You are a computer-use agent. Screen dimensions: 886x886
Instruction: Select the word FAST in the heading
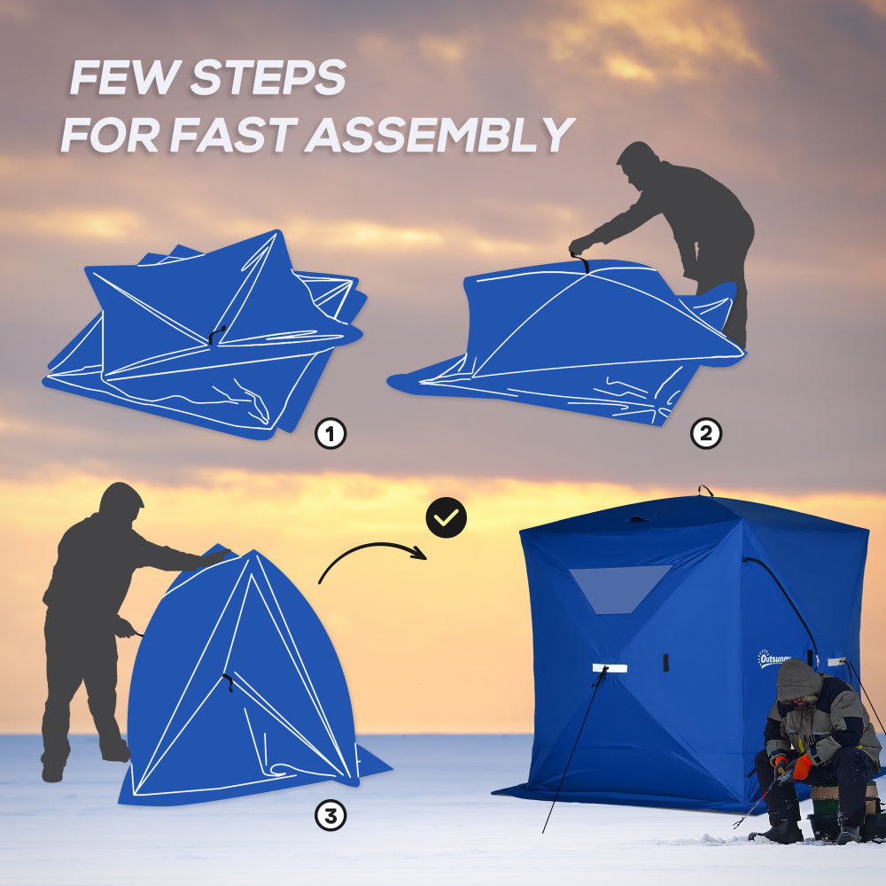236,135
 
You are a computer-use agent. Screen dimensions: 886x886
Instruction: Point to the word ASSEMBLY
442,135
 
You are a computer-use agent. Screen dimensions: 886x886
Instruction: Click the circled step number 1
330,434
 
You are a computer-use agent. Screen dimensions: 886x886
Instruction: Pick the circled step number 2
706,434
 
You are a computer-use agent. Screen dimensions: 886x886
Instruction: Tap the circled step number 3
330,817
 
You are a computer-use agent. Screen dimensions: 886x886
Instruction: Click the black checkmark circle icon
446,518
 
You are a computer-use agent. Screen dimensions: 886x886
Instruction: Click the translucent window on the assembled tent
619,587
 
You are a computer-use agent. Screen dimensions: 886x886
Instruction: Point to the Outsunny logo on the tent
773,658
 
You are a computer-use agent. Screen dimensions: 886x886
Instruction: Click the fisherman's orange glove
803,766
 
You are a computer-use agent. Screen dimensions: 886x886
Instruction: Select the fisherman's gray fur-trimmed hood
798,680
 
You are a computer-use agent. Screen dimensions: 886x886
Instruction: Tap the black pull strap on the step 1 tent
217,333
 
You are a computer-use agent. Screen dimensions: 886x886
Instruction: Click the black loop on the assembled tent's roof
705,489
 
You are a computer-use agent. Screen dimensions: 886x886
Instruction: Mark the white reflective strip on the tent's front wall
610,667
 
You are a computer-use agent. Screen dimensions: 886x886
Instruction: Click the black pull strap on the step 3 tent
229,682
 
